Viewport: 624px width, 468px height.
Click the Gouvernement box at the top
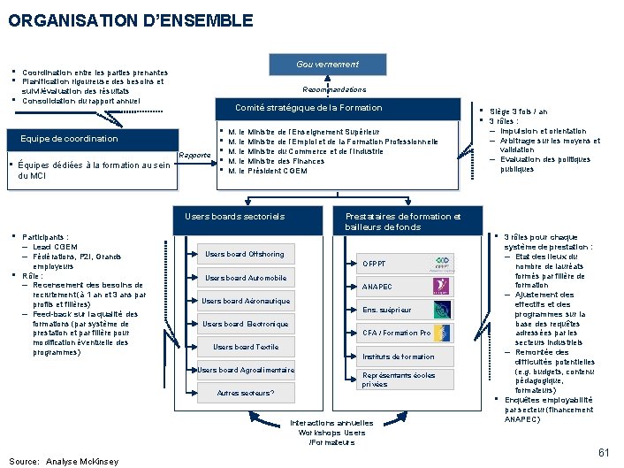point(327,65)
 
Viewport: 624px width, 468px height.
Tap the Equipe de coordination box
point(75,139)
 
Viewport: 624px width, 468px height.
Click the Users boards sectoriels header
point(235,216)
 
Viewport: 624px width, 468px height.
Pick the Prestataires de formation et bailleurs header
point(403,221)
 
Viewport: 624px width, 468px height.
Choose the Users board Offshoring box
point(245,255)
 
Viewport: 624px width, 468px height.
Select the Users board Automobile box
point(245,278)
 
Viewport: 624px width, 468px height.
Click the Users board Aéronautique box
point(245,302)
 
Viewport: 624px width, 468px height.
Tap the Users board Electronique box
point(245,325)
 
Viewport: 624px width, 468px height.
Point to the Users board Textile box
point(246,348)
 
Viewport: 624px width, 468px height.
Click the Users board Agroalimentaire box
point(246,370)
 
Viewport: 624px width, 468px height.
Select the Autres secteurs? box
point(246,393)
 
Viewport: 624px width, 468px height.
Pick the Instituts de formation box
point(399,357)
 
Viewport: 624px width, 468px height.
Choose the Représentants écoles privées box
point(399,380)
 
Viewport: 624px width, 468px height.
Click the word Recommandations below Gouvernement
point(333,89)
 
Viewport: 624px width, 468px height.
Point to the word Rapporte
point(194,156)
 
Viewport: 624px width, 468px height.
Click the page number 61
point(605,453)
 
